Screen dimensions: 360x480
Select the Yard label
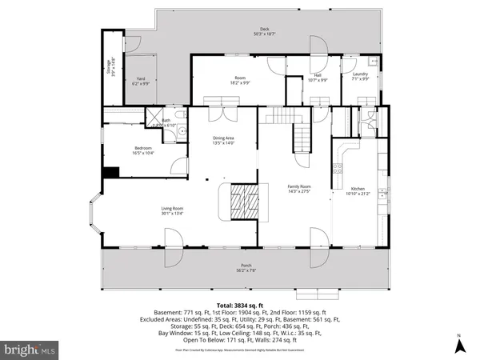point(141,79)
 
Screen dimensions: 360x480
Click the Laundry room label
point(360,77)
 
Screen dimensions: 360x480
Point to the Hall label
point(318,78)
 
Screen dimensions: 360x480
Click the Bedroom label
point(143,150)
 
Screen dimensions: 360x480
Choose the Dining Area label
point(223,141)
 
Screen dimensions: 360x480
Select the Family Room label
point(298,188)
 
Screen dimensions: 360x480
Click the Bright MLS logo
point(30,350)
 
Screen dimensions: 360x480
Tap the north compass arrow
point(460,345)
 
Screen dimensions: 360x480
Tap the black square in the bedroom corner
point(112,171)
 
